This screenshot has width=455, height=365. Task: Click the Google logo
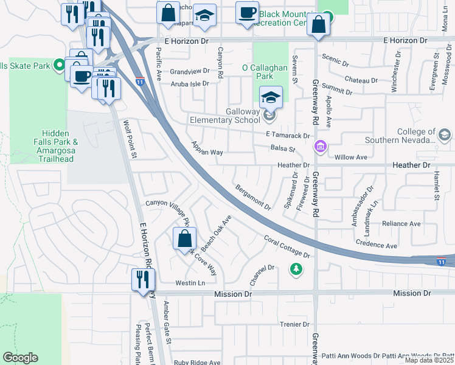(20, 358)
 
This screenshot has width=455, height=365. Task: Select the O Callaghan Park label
(265, 72)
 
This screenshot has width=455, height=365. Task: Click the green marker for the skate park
(60, 64)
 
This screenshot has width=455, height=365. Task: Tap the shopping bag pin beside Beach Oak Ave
(184, 238)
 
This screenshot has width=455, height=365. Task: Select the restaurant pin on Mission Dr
(143, 280)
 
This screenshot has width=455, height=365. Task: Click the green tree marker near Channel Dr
(296, 268)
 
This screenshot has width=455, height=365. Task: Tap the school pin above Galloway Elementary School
(271, 97)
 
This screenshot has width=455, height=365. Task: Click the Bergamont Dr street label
(253, 197)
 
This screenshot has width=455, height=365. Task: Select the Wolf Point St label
(131, 139)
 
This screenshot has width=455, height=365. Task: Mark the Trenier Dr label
(295, 324)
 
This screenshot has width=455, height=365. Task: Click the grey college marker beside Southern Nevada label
(444, 134)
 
